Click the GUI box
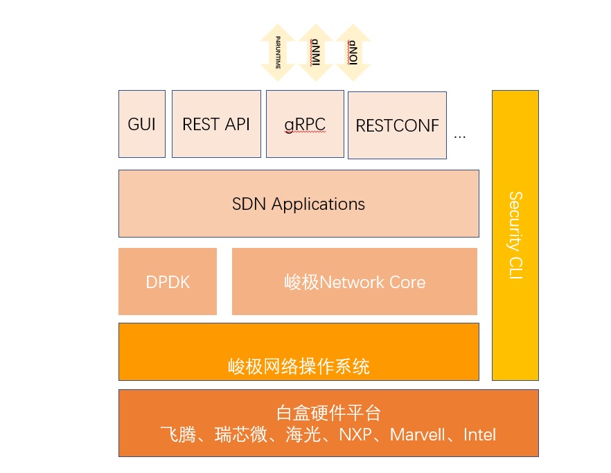142,124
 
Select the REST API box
216,124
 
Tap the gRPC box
305,125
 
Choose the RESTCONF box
397,125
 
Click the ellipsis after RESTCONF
460,136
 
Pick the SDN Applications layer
299,204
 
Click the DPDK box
168,282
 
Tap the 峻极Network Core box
355,282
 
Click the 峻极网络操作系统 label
299,366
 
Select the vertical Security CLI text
515,235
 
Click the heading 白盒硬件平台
328,414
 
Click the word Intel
479,435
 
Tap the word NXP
355,435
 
